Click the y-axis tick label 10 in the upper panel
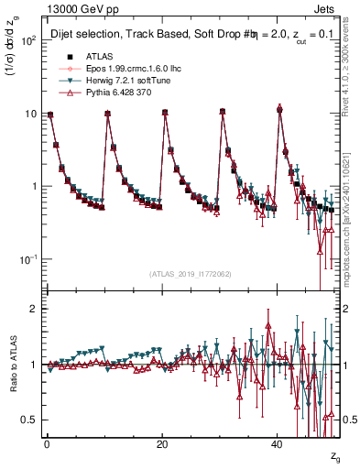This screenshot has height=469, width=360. point(30,115)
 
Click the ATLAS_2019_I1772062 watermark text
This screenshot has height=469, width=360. point(190,274)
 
